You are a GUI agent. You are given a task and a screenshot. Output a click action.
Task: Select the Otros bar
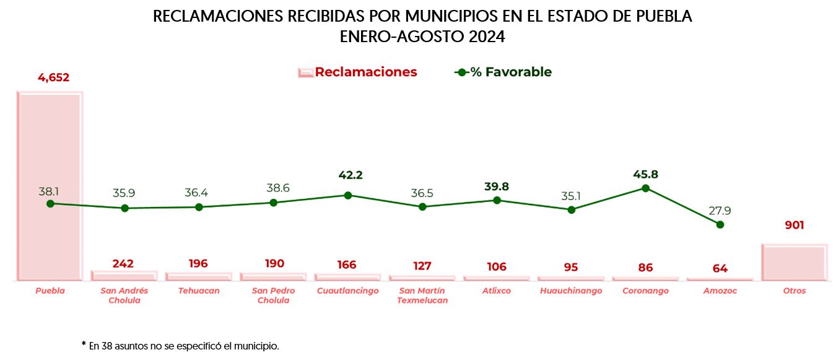794,263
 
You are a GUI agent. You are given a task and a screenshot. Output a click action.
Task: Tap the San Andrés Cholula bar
124,276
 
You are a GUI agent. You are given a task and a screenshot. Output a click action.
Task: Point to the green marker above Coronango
645,188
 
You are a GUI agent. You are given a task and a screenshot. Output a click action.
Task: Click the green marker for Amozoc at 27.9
720,224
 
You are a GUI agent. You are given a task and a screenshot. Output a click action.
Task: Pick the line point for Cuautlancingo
347,195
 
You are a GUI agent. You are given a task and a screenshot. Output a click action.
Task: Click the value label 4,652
53,78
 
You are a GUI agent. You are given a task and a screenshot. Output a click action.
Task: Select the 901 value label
794,226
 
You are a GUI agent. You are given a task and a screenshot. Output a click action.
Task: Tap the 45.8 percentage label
645,175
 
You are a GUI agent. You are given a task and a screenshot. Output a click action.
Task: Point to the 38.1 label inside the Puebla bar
50,191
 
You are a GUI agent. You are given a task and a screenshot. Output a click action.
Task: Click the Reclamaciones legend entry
365,72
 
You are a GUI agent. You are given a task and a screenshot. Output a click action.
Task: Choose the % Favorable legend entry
510,72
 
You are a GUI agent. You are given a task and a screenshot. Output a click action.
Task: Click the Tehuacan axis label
199,291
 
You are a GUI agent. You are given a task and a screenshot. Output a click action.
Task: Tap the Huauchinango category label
571,291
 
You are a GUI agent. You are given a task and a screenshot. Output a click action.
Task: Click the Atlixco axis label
497,291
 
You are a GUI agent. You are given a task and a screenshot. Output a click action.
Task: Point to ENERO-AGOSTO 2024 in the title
422,37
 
